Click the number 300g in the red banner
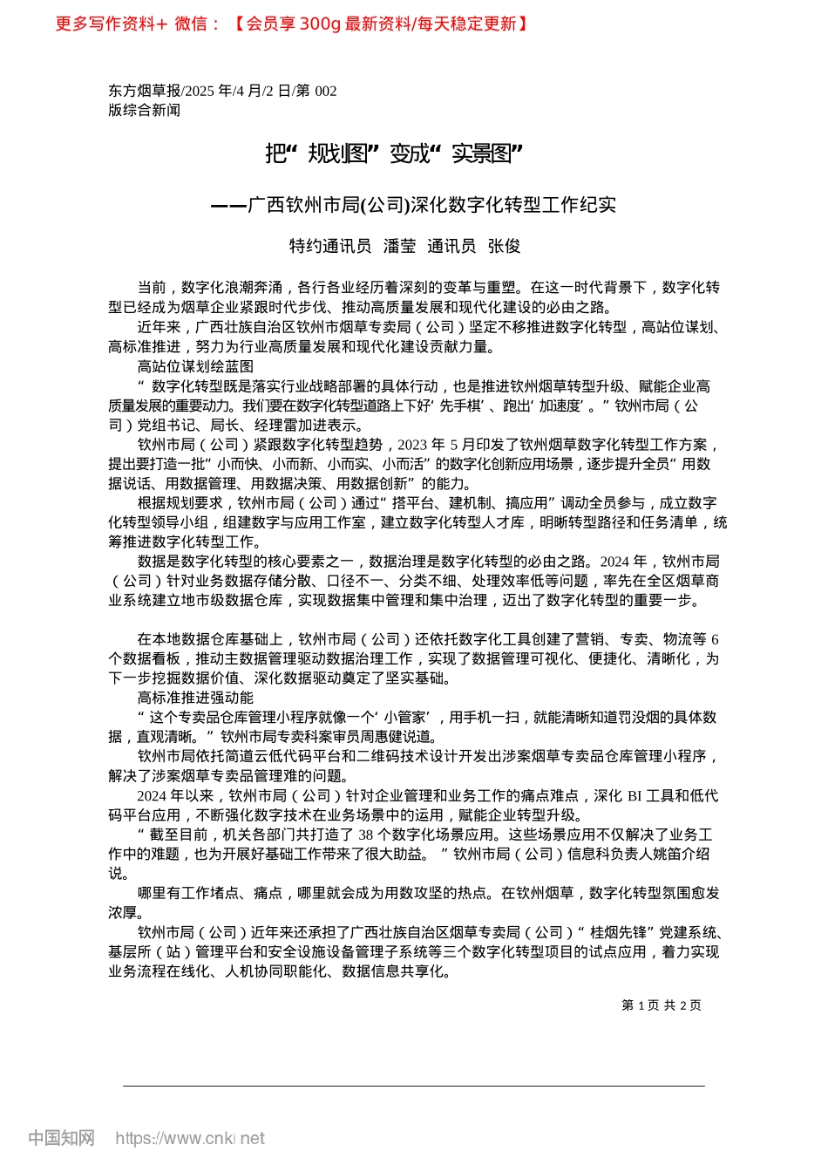tap(319, 24)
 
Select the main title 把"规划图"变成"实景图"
tap(393, 154)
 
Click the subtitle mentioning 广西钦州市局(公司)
tap(414, 205)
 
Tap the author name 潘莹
tap(399, 246)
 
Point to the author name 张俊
tap(504, 246)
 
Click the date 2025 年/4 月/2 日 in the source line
tap(236, 91)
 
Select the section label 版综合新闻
tap(145, 110)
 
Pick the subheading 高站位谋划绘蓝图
tap(195, 366)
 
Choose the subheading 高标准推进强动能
tap(195, 698)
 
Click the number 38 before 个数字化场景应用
tap(366, 835)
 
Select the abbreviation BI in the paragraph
tap(635, 795)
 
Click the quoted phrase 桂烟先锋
tap(621, 932)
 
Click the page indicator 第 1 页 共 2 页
tap(661, 1005)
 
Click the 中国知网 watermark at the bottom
tap(61, 1138)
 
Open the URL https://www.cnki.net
tap(189, 1138)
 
